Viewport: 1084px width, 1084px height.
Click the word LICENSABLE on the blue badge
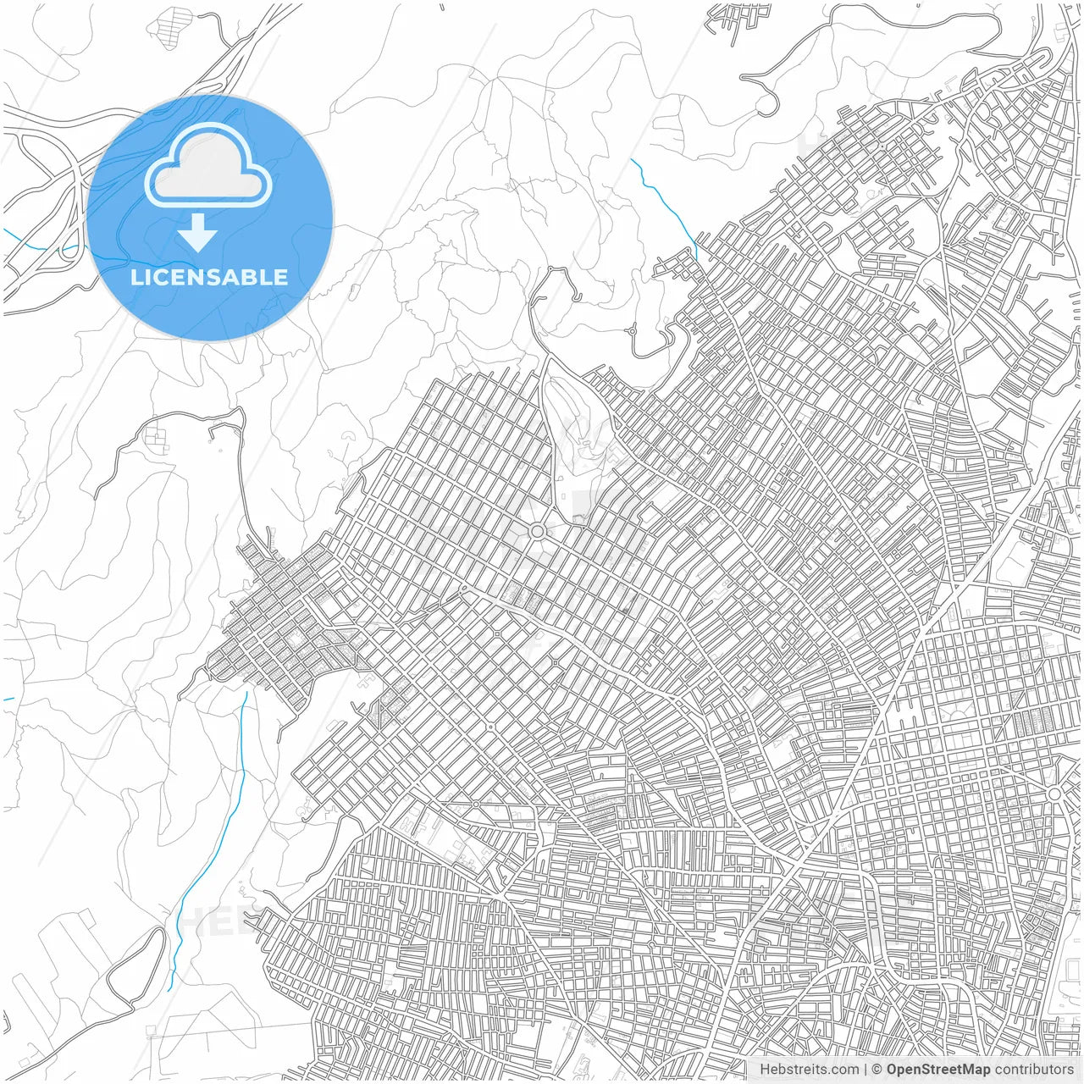click(209, 278)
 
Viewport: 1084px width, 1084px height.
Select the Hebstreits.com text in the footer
click(809, 1070)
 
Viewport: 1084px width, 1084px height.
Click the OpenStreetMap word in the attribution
click(938, 1070)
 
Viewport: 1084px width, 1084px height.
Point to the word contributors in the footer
click(1034, 1070)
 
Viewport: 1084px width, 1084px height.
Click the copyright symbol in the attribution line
click(877, 1070)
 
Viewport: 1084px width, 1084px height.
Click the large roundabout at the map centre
click(537, 531)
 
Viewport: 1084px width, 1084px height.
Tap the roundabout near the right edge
click(1054, 794)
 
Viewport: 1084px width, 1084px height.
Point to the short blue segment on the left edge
click(8, 700)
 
